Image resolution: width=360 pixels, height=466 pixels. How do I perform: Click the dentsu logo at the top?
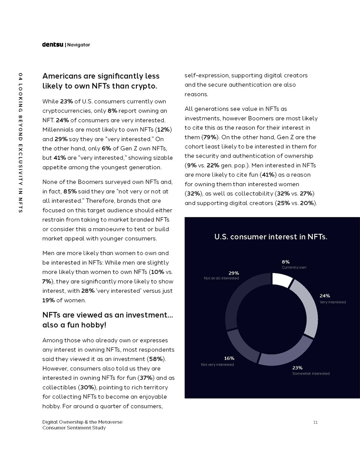coord(53,44)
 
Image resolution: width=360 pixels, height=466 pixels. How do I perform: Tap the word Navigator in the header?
coord(78,45)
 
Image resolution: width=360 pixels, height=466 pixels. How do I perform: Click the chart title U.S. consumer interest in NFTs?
coord(271,237)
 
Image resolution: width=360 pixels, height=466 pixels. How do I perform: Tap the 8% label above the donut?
coord(286,262)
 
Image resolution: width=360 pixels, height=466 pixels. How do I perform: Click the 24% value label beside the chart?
coord(324,296)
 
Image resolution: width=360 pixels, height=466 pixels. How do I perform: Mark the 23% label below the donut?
coord(297,368)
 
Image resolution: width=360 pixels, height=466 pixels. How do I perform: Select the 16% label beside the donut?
coord(229,358)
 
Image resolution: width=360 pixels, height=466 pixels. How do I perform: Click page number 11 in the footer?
coord(316,422)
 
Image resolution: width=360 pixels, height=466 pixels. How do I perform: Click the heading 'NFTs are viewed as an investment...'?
coord(108,315)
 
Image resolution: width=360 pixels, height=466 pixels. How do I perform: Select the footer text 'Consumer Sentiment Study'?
coord(74,428)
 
